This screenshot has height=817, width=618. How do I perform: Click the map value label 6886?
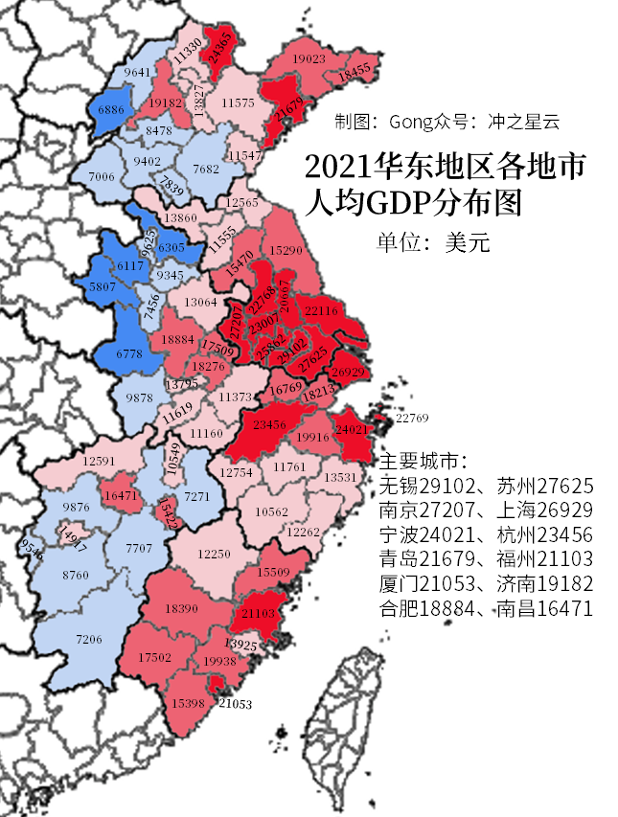click(x=112, y=111)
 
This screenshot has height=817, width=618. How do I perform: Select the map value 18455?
click(x=354, y=70)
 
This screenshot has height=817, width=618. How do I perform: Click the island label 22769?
click(x=412, y=418)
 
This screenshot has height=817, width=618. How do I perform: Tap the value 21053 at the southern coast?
click(x=235, y=704)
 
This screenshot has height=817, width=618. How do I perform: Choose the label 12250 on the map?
click(x=215, y=554)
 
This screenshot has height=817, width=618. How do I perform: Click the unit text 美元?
click(x=468, y=243)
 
